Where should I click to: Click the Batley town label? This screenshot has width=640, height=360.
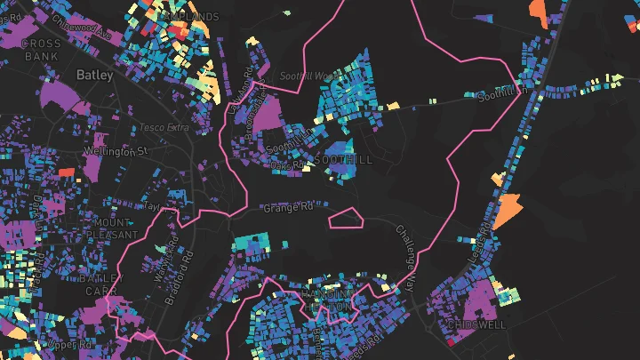point(94,76)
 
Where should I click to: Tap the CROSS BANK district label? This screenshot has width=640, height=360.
point(40,50)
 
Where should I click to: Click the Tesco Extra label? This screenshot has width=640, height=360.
point(164,128)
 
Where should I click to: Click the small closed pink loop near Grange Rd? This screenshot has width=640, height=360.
point(345,218)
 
